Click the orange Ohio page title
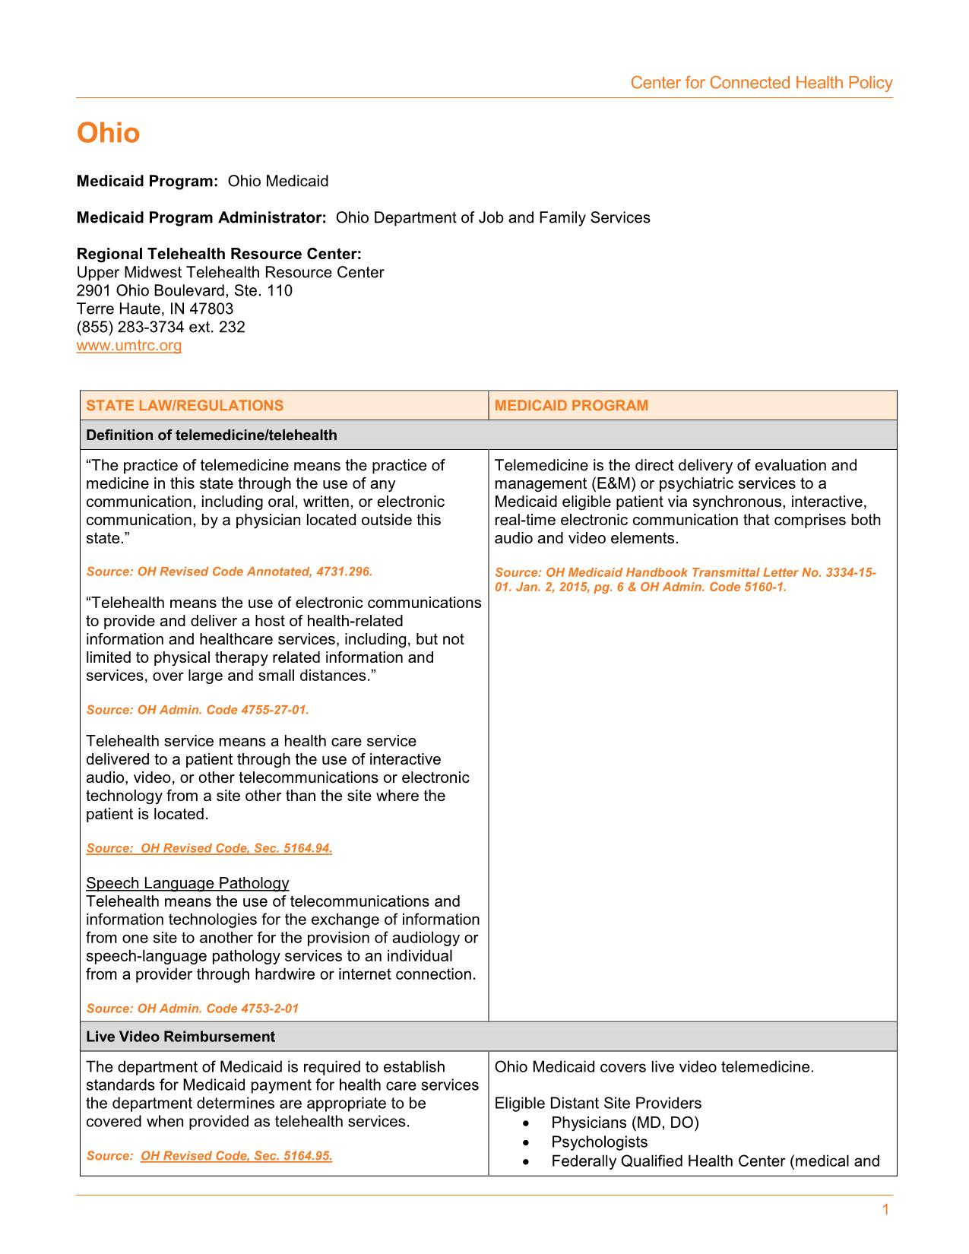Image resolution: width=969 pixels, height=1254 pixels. (108, 133)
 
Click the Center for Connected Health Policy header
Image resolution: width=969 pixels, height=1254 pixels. (761, 83)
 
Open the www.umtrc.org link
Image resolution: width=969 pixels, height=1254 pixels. (129, 346)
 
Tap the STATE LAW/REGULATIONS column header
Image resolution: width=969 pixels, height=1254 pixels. (185, 405)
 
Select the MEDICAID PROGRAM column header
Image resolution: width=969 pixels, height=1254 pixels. (571, 405)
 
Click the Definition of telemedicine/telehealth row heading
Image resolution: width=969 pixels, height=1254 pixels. (211, 435)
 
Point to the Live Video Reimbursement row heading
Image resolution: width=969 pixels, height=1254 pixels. (180, 1037)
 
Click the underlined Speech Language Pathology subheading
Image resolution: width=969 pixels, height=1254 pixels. (188, 882)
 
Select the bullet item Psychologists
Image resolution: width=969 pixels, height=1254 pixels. (599, 1142)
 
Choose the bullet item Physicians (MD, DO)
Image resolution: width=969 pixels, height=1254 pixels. (625, 1123)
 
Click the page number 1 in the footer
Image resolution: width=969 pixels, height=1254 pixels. (885, 1210)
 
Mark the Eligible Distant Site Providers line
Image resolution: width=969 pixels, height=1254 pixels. (597, 1104)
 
